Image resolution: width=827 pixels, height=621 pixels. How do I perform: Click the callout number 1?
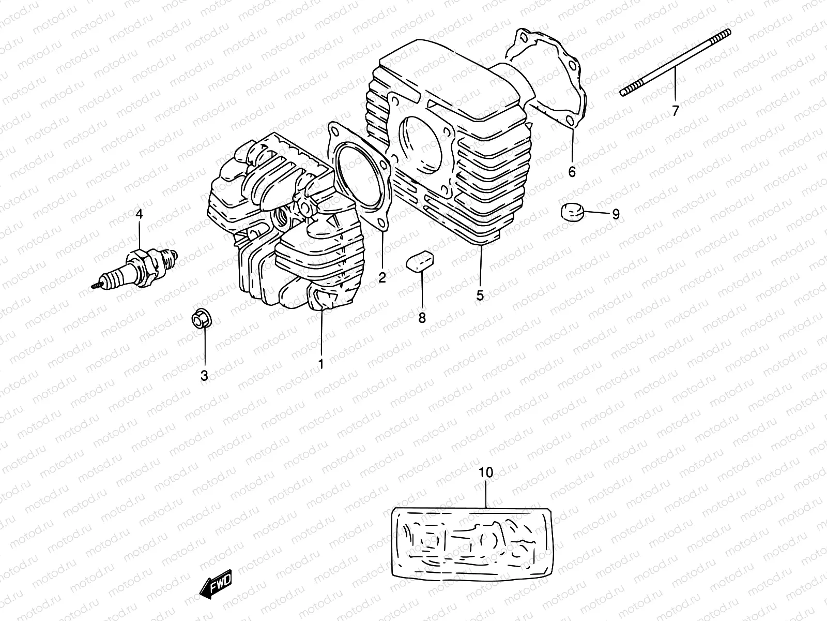pyautogui.click(x=320, y=364)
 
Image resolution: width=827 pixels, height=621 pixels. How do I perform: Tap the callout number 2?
pyautogui.click(x=382, y=278)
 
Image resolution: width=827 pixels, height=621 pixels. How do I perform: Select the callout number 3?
pyautogui.click(x=204, y=376)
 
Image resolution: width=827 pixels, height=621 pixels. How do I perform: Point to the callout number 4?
pyautogui.click(x=139, y=213)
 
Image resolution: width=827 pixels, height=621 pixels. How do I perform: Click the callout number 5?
pyautogui.click(x=480, y=295)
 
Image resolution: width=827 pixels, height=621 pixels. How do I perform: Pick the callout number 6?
pyautogui.click(x=572, y=172)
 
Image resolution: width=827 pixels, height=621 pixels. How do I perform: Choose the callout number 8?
pyautogui.click(x=422, y=317)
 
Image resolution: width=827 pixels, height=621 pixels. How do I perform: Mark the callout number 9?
pyautogui.click(x=615, y=214)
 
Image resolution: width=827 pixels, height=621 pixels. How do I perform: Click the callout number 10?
pyautogui.click(x=486, y=472)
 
